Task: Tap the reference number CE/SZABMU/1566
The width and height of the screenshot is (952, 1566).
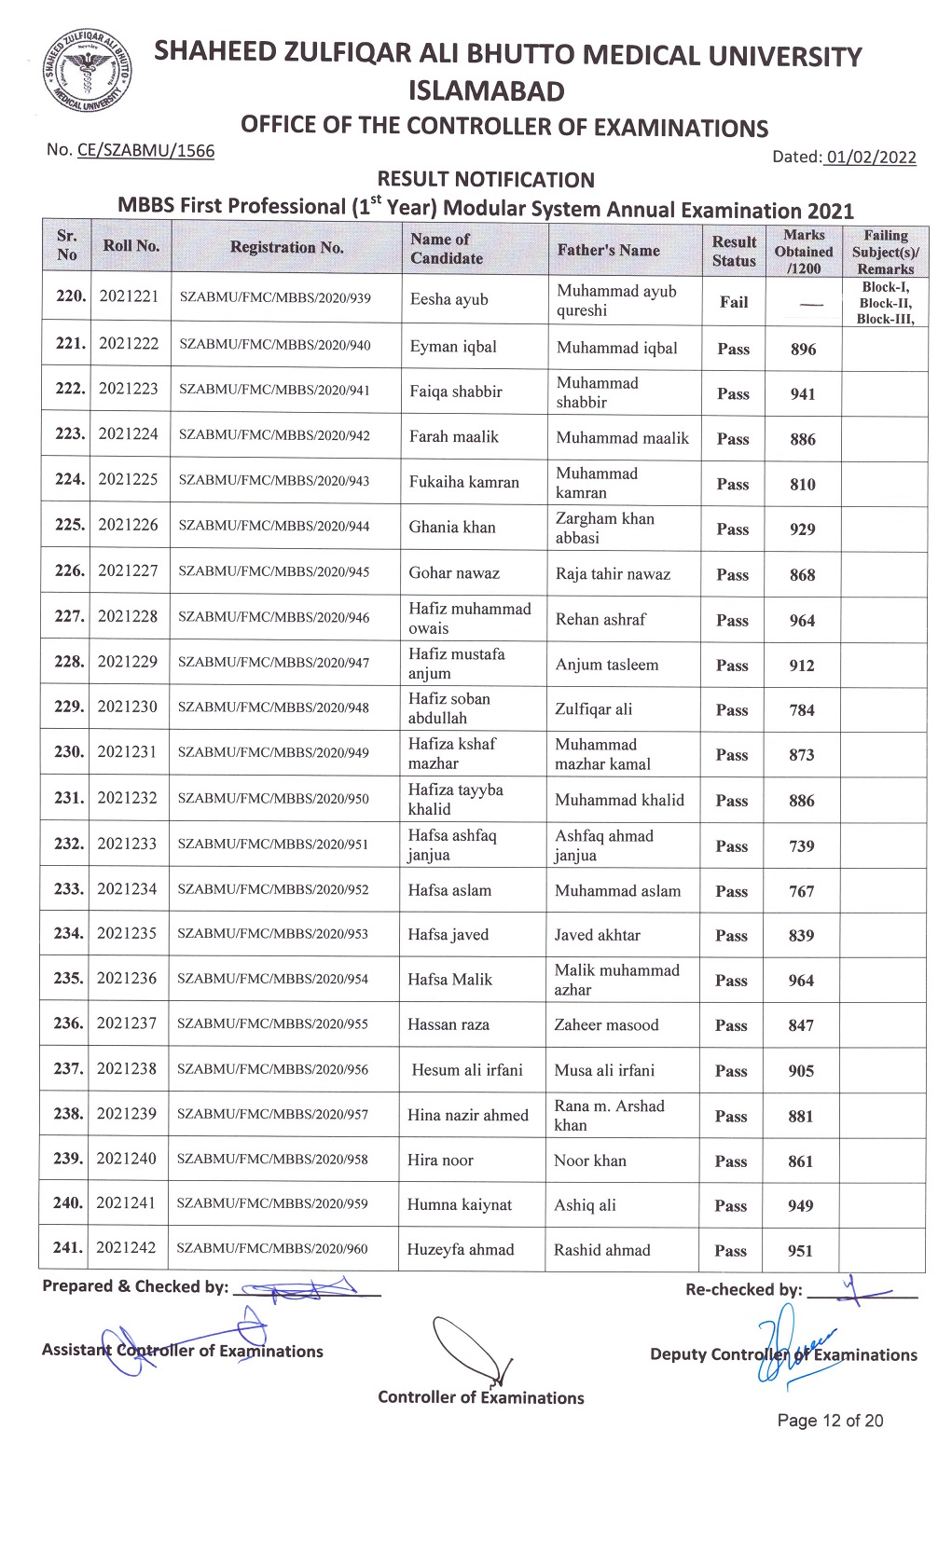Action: click(145, 150)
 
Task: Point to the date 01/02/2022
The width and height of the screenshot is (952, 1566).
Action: click(870, 157)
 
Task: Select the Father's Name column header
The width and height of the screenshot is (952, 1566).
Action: click(608, 250)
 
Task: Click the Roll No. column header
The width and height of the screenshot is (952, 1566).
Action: click(131, 246)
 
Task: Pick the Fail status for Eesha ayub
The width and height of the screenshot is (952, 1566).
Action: click(734, 302)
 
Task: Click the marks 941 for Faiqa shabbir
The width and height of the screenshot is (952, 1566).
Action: click(803, 394)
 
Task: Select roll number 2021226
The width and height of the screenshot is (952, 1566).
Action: click(129, 525)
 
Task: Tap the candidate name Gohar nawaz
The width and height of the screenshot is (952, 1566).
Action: click(454, 573)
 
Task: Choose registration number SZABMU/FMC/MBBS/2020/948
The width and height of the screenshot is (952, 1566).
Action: click(273, 707)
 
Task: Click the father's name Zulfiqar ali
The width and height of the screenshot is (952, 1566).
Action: click(594, 709)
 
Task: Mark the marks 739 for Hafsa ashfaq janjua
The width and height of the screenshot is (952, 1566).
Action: click(802, 846)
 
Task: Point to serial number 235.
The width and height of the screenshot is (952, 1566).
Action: click(68, 979)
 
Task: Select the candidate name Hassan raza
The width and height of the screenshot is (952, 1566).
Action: click(448, 1024)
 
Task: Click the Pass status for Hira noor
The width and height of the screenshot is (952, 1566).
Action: click(731, 1161)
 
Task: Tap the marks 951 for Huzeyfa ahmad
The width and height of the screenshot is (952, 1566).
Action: click(800, 1251)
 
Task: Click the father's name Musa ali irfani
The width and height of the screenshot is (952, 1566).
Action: click(604, 1070)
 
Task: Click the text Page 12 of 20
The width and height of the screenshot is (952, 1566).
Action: click(830, 1421)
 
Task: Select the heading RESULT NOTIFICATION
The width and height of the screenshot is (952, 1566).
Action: click(486, 180)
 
